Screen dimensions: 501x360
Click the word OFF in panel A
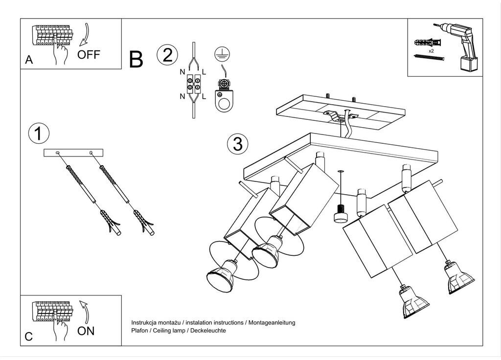[x=89, y=55]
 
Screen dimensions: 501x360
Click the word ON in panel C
[x=86, y=331]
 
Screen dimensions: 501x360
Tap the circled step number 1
[x=39, y=133]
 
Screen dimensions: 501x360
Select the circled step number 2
[x=167, y=55]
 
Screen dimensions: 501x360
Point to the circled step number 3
[x=238, y=144]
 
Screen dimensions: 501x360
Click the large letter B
[x=136, y=59]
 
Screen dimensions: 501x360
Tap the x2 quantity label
[x=431, y=51]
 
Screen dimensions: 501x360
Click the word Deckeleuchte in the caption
[x=208, y=331]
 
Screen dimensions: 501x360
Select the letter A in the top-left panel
[x=29, y=60]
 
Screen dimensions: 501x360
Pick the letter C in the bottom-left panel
[x=29, y=337]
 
